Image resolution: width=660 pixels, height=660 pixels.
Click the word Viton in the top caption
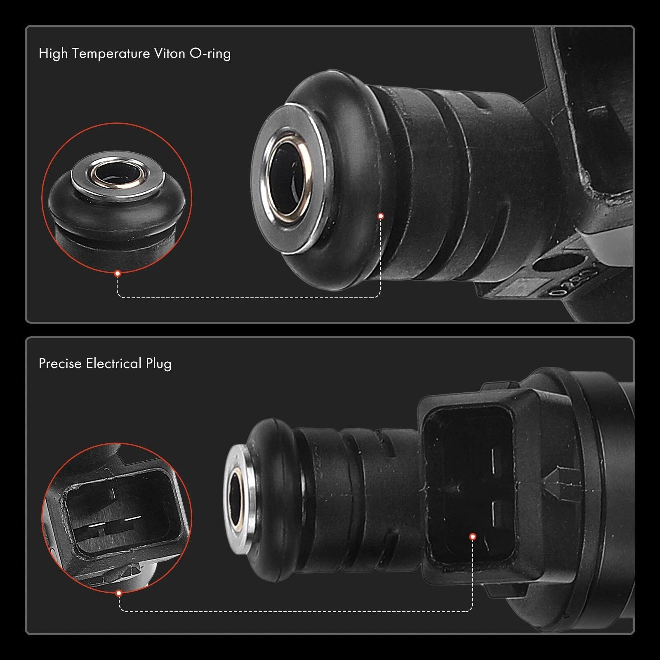(x=169, y=53)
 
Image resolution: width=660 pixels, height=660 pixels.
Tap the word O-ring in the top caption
(x=210, y=54)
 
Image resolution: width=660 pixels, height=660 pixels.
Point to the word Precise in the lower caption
(x=60, y=363)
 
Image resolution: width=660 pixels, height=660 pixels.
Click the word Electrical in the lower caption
(x=114, y=363)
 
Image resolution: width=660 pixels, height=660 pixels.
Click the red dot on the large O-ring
(x=381, y=216)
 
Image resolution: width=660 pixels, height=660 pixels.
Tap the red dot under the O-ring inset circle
(x=118, y=273)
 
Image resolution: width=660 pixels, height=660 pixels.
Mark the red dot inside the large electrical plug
(x=473, y=536)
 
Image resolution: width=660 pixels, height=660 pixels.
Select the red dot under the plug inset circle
(x=119, y=593)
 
